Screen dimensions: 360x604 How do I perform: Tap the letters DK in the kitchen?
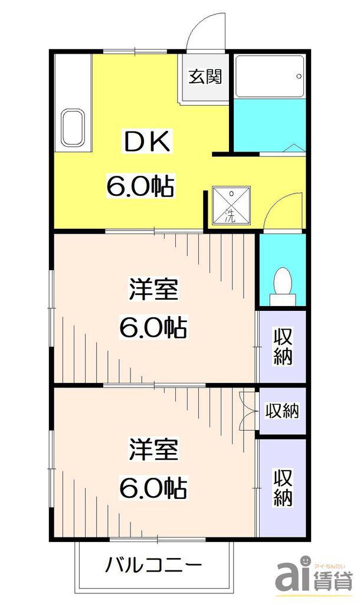[x=146, y=142]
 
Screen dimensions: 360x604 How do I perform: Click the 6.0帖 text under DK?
[x=140, y=186]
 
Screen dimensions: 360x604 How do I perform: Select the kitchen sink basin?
[x=73, y=128]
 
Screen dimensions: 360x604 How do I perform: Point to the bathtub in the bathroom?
[x=270, y=76]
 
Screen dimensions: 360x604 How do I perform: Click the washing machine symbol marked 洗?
[x=231, y=205]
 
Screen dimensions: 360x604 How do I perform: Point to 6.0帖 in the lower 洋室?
[x=153, y=488]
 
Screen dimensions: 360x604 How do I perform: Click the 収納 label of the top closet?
[x=283, y=346]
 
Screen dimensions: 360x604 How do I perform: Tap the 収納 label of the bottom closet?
[x=283, y=487]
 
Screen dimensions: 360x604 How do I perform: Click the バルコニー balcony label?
[x=153, y=566]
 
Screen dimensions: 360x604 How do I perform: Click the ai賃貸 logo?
[x=314, y=574]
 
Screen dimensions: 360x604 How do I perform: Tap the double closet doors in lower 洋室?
[x=247, y=411]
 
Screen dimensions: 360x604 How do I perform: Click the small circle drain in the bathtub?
[x=299, y=76]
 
